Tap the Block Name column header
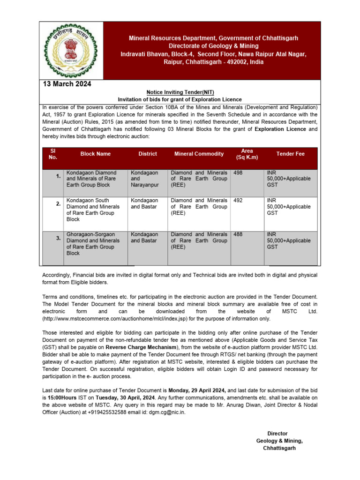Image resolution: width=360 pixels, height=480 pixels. (96, 154)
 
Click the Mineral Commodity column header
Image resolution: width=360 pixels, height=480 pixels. (199, 154)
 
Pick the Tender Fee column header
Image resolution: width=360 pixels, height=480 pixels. (290, 154)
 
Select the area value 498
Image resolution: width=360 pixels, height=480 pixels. (238, 173)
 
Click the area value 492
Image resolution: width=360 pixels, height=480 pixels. (238, 200)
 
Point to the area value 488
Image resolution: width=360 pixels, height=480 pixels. (238, 234)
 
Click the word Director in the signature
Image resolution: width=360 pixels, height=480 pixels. (277, 434)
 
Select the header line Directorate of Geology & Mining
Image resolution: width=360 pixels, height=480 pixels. (213, 46)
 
